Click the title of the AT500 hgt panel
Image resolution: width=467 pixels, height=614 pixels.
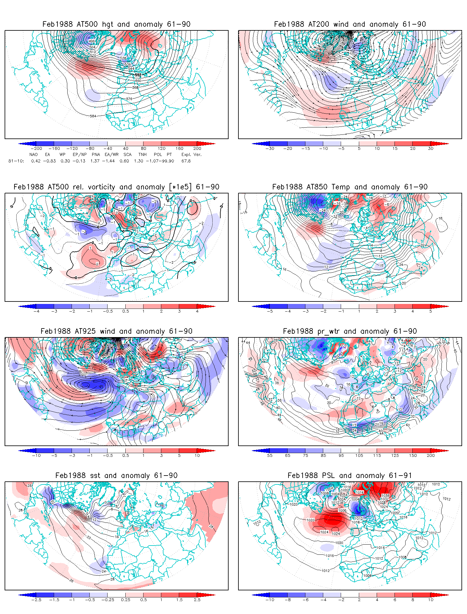[116, 24]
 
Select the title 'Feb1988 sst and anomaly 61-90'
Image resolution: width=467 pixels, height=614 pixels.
[116, 476]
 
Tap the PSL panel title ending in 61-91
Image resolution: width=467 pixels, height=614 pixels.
[350, 476]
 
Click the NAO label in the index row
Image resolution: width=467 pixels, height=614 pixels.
[33, 154]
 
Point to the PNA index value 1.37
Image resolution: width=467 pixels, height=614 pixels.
[95, 161]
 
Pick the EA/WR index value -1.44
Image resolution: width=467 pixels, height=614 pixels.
[110, 161]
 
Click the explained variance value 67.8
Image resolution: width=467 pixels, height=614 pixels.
[186, 161]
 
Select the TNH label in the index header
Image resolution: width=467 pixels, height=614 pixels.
[142, 154]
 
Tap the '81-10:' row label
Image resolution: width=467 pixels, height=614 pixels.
[16, 161]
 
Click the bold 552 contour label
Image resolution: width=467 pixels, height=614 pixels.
[138, 75]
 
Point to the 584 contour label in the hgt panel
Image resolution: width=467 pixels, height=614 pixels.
[93, 116]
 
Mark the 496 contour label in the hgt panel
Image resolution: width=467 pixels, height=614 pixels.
[92, 41]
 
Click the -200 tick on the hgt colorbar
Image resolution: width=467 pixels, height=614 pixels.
[37, 149]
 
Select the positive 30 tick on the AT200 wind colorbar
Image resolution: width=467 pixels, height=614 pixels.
[430, 149]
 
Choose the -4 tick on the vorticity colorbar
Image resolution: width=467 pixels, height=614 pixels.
[37, 311]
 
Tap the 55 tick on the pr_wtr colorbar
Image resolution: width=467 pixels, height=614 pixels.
[270, 456]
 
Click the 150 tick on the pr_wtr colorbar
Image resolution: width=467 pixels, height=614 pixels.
[413, 456]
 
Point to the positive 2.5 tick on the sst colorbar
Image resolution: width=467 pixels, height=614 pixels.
[197, 600]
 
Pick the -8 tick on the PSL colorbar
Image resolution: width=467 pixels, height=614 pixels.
[288, 600]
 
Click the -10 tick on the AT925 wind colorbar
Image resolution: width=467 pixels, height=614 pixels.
[37, 456]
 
